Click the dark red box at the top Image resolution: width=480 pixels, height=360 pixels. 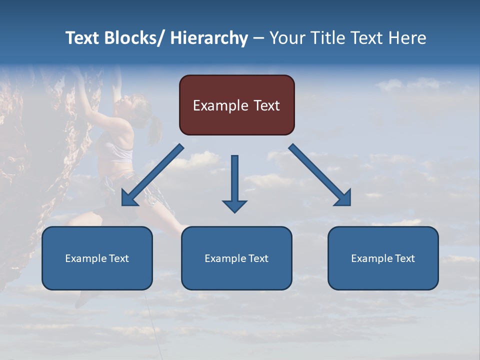coord(236,105)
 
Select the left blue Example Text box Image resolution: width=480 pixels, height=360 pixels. coord(97,258)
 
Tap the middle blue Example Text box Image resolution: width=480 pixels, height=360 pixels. coord(236,258)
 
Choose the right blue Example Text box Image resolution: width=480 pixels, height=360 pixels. coord(383,258)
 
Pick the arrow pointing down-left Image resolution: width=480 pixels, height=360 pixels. coord(152,175)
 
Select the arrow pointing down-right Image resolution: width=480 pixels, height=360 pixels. coord(319,175)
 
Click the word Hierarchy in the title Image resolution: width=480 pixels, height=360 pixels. coord(209,38)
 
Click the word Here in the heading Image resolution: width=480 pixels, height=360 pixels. coord(408,38)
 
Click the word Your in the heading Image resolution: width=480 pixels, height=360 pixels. coord(287,38)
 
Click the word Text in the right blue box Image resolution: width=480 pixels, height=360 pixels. coord(404,258)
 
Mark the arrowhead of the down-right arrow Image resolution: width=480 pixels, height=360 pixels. coord(343,198)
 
